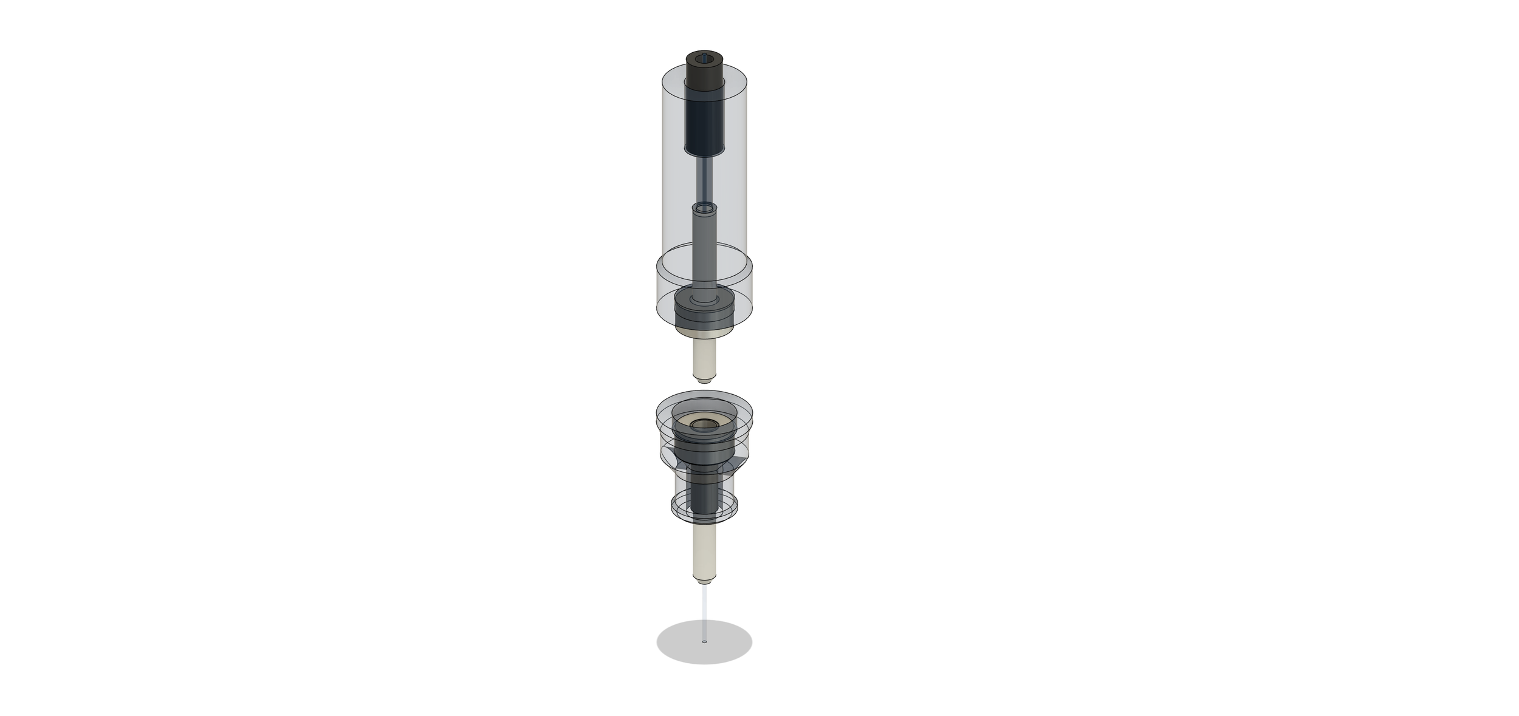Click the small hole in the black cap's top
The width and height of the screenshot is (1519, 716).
[704, 57]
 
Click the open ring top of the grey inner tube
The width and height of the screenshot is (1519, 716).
[704, 208]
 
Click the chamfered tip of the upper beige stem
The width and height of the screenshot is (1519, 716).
[704, 380]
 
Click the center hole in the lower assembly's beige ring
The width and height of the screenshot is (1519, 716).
[704, 423]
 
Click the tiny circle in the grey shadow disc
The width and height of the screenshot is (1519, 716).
[704, 641]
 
